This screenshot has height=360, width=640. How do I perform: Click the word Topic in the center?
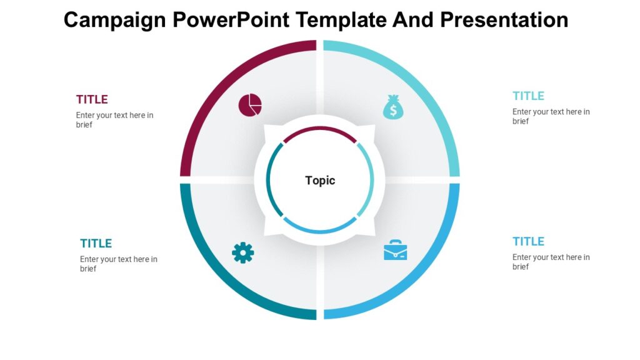[x=320, y=181]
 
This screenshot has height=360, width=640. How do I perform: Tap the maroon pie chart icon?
[x=250, y=105]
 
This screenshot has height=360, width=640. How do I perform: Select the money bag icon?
[x=393, y=107]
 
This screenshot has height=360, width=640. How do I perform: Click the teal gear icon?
[x=243, y=252]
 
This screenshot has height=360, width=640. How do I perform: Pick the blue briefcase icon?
[x=395, y=250]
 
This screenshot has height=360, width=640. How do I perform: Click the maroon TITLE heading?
[x=92, y=99]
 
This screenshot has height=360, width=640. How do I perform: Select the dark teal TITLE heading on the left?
[x=96, y=244]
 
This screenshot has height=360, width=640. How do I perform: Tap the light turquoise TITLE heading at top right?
[x=528, y=96]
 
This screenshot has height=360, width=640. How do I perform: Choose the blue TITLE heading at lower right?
[x=528, y=242]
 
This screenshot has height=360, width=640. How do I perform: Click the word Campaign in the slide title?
[x=114, y=20]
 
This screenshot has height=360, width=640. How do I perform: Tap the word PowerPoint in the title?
[x=231, y=20]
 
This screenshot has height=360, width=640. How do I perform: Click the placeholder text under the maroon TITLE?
[x=114, y=120]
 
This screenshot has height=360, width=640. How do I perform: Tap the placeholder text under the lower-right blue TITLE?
[x=551, y=262]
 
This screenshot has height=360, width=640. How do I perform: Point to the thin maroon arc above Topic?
[x=320, y=129]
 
